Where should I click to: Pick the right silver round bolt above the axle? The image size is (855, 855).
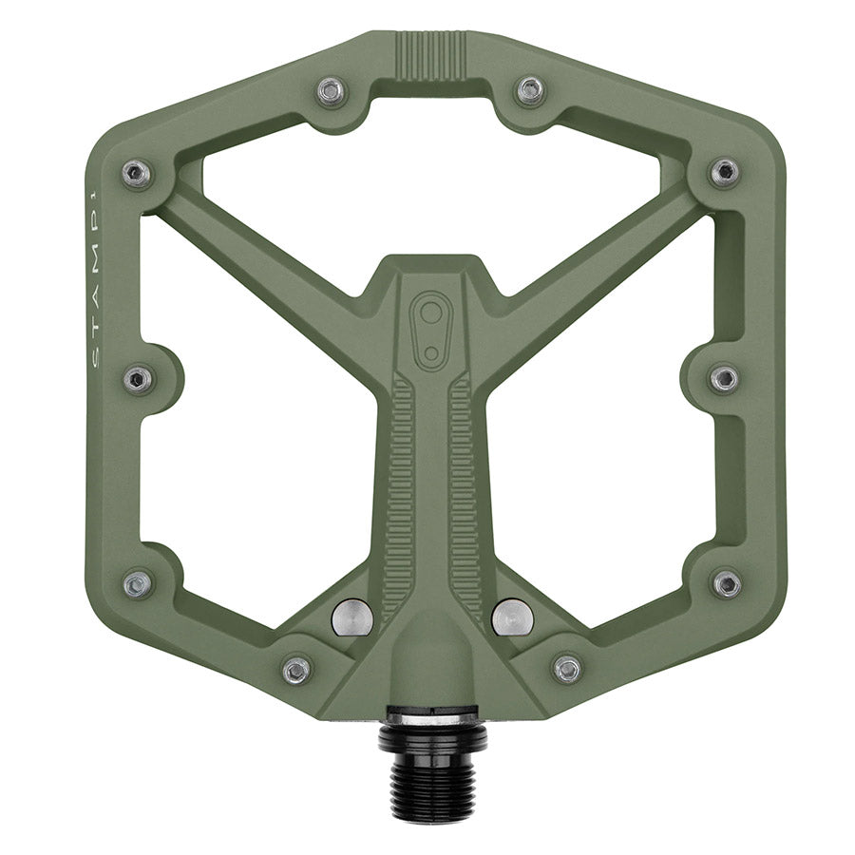tap(512, 617)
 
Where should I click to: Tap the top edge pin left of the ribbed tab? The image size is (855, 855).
tap(330, 90)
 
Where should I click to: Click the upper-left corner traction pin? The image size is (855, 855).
tap(137, 173)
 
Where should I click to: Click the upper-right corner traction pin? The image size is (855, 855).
tap(725, 172)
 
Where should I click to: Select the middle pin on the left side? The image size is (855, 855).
tap(138, 380)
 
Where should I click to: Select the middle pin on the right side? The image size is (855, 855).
tap(724, 379)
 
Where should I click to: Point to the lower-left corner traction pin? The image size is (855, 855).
tap(138, 583)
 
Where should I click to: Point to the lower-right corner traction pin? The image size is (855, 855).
tap(727, 582)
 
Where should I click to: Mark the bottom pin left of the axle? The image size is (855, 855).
tap(297, 670)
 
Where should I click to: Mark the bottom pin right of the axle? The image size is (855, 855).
tap(567, 669)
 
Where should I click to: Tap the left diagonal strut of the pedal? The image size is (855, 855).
tap(266, 256)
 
